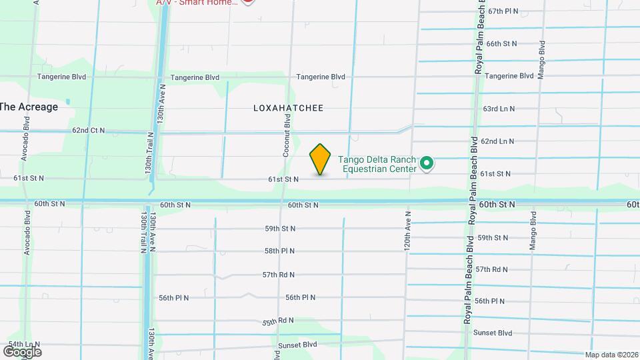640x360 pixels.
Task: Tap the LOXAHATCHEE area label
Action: [x=288, y=108]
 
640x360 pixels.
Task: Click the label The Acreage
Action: [x=29, y=107]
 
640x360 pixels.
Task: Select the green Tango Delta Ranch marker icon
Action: [x=427, y=163]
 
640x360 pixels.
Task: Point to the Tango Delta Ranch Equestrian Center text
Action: [x=377, y=164]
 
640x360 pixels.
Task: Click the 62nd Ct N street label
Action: [x=89, y=130]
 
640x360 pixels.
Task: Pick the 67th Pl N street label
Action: [x=503, y=11]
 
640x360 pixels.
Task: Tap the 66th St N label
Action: [x=501, y=43]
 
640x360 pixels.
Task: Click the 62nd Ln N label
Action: [x=498, y=141]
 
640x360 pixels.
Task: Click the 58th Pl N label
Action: [x=279, y=251]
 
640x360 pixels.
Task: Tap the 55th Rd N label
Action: [x=278, y=321]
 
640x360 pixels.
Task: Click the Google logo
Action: [x=22, y=351]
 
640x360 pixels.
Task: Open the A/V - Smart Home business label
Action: [x=197, y=3]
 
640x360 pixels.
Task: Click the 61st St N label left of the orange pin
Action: [x=283, y=179]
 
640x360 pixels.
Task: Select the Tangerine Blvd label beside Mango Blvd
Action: [x=509, y=76]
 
